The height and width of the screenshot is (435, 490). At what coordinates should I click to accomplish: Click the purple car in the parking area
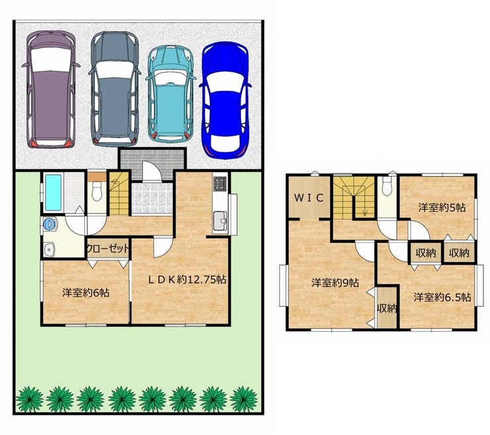50,89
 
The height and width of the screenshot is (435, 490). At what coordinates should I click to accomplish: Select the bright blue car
225,100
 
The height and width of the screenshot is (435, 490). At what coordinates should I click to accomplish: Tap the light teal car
171,93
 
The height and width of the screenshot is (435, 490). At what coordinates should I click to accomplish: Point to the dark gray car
115,89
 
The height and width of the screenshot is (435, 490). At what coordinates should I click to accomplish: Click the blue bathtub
54,193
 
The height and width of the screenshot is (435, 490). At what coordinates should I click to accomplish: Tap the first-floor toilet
97,191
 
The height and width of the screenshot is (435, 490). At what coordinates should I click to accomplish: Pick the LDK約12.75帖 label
187,279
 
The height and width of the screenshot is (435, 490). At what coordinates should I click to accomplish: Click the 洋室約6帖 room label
85,293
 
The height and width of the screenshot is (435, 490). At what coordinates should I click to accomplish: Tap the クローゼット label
107,249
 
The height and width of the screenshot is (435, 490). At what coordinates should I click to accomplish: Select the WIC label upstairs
309,198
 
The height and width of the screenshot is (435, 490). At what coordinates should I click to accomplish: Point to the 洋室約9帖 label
335,283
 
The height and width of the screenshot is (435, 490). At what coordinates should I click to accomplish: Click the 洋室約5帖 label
442,207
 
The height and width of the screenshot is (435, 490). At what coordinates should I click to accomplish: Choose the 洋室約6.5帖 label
442,297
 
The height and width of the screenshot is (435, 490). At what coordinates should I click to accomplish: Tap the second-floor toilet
387,186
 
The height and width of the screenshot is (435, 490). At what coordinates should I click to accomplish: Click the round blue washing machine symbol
48,224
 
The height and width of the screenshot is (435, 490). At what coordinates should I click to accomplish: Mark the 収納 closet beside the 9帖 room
387,307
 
